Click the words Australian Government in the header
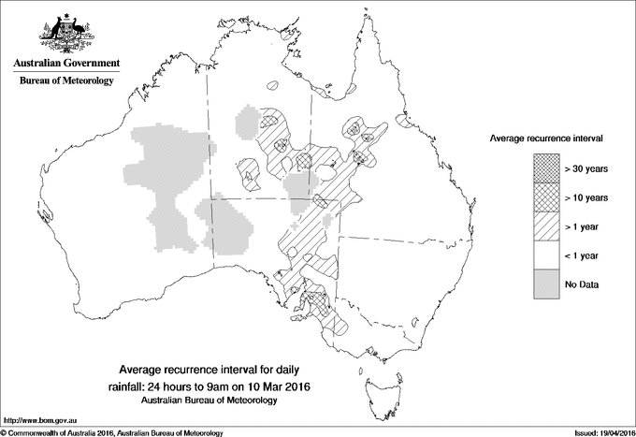(x=65, y=64)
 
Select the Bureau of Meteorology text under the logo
(x=65, y=81)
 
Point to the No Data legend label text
(x=581, y=284)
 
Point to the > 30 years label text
(x=586, y=168)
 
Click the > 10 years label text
(x=586, y=197)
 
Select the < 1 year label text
(x=583, y=255)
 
